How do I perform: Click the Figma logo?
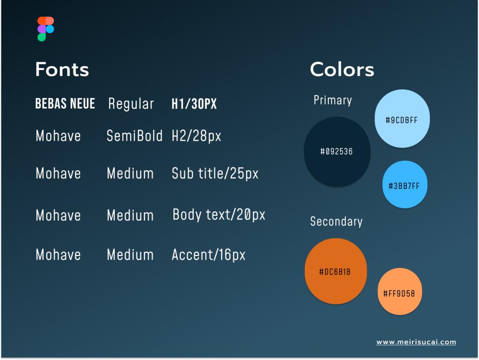46,29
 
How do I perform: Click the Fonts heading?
62,70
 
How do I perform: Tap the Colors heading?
342,70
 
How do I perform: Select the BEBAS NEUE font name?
65,103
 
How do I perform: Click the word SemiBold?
135,136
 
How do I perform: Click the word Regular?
131,104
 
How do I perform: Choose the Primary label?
333,100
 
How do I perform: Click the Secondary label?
336,221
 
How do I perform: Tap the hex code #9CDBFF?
401,120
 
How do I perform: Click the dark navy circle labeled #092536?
337,152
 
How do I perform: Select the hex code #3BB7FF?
404,186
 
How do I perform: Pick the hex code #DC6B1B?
335,271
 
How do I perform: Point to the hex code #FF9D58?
399,294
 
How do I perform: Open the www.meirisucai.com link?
416,342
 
